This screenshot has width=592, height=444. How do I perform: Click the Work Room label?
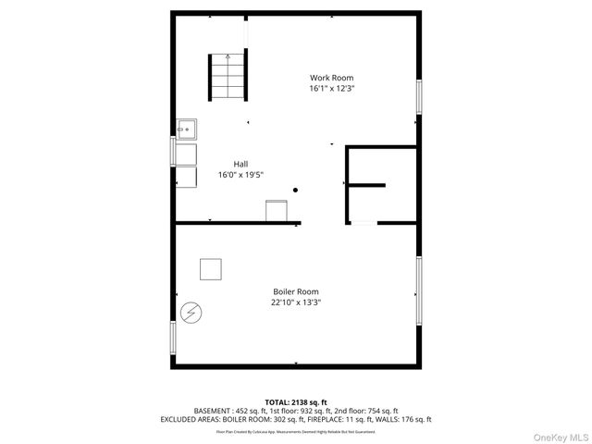(331, 78)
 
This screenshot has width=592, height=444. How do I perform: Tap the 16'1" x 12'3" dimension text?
(331, 89)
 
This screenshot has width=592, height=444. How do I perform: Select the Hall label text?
(240, 164)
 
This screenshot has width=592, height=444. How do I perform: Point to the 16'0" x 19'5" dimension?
(240, 175)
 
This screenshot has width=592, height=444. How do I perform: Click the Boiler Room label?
(295, 291)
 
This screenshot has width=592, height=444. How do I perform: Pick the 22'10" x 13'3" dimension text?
(295, 302)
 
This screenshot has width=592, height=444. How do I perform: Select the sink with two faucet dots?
(186, 130)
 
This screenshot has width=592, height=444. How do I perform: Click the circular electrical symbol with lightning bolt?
(191, 313)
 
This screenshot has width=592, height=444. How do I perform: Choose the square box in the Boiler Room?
(212, 268)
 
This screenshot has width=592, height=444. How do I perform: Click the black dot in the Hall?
(296, 191)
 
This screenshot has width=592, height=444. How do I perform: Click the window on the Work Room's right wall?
(419, 98)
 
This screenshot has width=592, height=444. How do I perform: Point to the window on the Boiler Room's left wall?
(172, 338)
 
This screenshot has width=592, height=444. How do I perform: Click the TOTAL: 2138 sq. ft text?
(295, 401)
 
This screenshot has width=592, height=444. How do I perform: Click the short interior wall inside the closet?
(366, 185)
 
